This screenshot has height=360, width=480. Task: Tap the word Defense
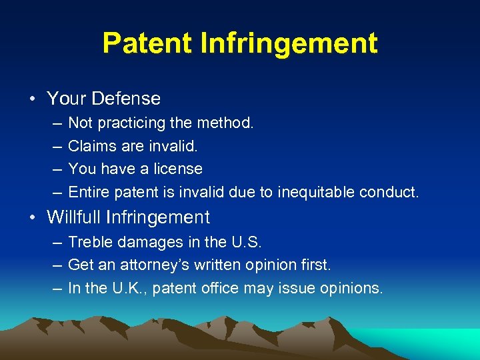point(126,99)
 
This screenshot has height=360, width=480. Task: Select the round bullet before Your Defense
point(33,99)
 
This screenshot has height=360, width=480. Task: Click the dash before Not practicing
point(54,123)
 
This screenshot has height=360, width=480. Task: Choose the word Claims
point(89,146)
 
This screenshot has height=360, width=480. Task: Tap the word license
point(178,169)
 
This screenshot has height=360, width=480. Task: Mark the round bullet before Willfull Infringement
point(33,218)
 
